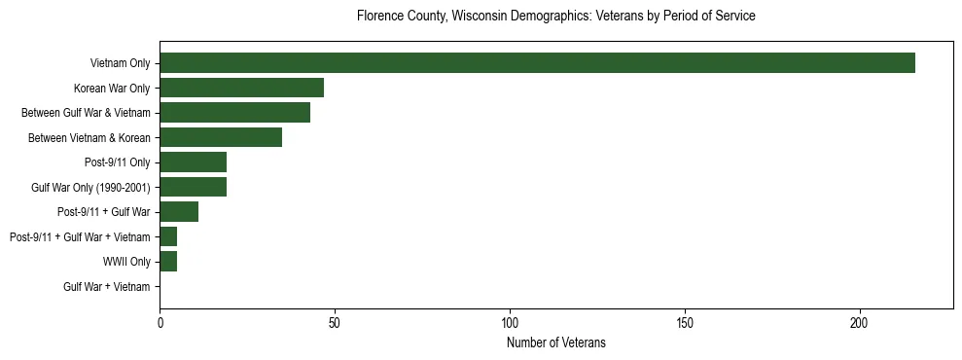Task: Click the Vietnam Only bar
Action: click(537, 63)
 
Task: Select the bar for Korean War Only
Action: click(241, 88)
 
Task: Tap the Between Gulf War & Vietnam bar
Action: click(234, 113)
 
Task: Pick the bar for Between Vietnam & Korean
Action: click(221, 137)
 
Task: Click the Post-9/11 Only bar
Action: click(193, 162)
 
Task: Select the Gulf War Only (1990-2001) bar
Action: click(193, 187)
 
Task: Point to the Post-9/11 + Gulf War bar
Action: click(179, 212)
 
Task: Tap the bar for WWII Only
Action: click(168, 262)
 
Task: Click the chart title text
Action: click(555, 17)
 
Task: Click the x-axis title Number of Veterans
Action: click(555, 342)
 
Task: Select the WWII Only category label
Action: click(126, 262)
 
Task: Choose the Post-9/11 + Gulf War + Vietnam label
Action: click(80, 237)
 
